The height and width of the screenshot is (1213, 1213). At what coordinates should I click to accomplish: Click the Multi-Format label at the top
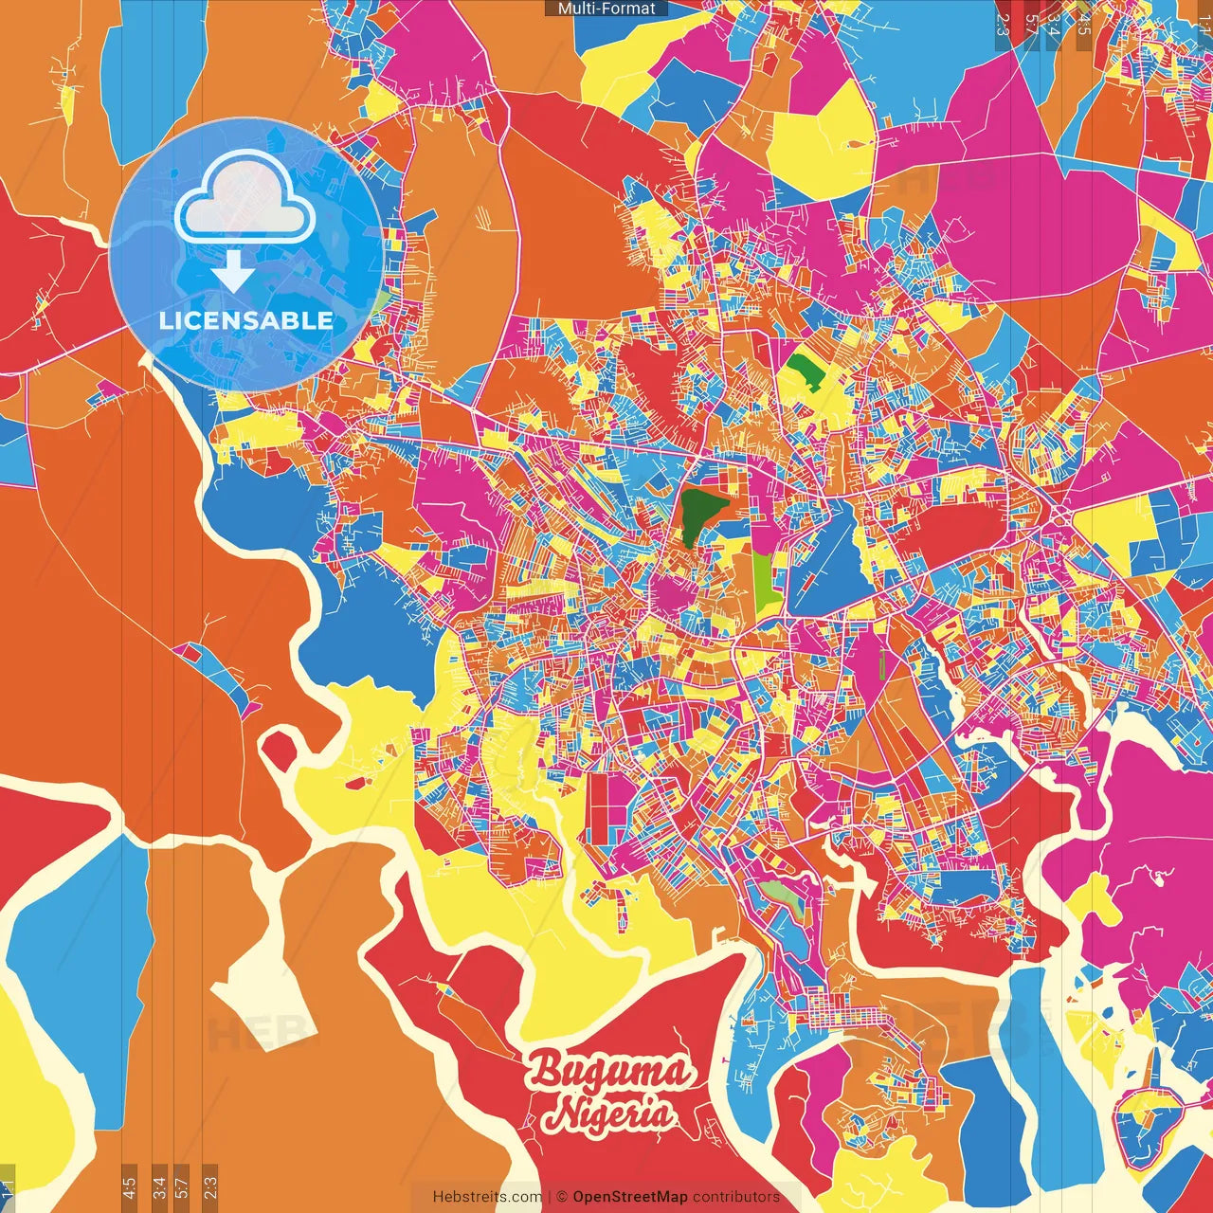pyautogui.click(x=606, y=9)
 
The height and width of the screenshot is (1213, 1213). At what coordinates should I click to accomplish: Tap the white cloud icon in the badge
pyautogui.click(x=244, y=198)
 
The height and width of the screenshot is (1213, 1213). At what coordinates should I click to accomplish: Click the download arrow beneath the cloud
pyautogui.click(x=232, y=271)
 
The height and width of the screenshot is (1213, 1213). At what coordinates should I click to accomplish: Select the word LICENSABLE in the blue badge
pyautogui.click(x=246, y=320)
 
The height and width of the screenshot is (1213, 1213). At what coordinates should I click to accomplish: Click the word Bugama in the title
pyautogui.click(x=609, y=1073)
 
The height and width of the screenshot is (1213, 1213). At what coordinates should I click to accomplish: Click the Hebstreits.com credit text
pyautogui.click(x=487, y=1197)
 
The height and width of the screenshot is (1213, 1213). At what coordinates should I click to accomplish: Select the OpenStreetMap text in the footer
pyautogui.click(x=629, y=1197)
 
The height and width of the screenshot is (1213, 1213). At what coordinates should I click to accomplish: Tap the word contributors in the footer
pyautogui.click(x=736, y=1197)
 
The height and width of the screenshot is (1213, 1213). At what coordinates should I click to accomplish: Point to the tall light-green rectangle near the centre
pyautogui.click(x=764, y=579)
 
